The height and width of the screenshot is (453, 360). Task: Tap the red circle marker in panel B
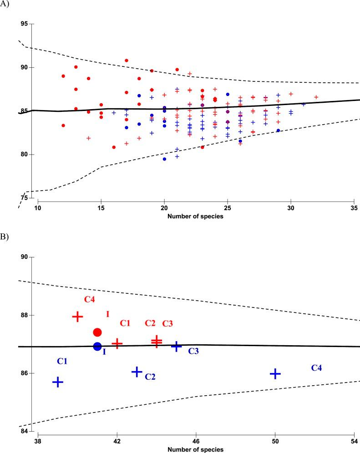tap(97, 332)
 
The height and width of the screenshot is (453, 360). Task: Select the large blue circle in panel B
tap(97, 347)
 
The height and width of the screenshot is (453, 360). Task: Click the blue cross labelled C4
tap(275, 374)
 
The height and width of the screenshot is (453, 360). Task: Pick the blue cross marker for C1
tap(58, 382)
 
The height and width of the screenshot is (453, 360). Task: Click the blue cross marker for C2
tap(137, 372)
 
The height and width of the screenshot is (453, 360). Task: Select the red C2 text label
tap(150, 323)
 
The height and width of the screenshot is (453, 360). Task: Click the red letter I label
tap(107, 314)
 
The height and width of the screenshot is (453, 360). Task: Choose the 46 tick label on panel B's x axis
tap(196, 441)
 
